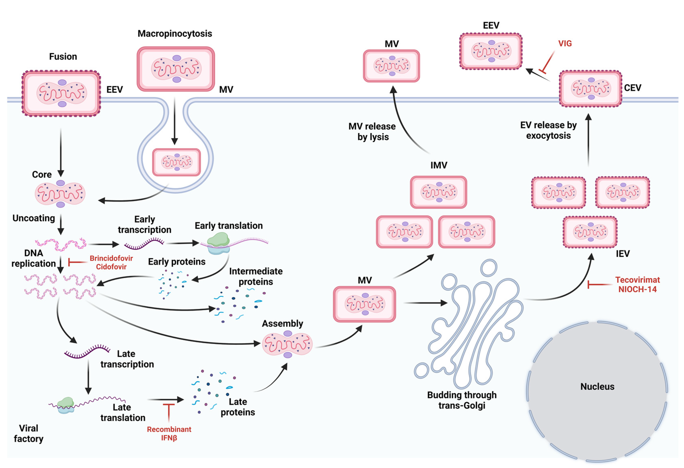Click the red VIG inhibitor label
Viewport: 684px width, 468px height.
565,44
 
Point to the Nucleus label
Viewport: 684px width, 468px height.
597,387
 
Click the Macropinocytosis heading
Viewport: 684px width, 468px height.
175,34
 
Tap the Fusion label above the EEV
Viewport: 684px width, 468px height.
63,57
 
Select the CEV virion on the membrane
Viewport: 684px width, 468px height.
590,88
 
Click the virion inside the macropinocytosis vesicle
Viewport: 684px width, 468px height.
176,162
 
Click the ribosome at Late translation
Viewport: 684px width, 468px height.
66,405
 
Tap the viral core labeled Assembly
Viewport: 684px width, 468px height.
287,344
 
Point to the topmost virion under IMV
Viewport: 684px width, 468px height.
438,192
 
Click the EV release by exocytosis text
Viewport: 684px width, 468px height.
548,130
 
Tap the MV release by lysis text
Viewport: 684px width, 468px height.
372,131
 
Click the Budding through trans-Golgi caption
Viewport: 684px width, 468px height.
461,400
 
